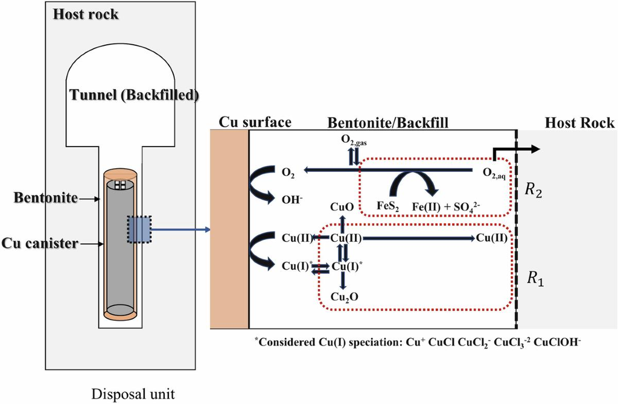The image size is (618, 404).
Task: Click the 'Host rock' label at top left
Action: (86, 14)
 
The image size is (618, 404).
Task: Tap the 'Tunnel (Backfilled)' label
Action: (134, 95)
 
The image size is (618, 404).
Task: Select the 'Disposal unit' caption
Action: (133, 394)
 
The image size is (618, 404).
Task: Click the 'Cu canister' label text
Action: (40, 243)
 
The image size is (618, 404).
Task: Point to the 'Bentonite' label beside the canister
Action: (46, 197)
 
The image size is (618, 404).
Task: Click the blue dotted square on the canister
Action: (139, 229)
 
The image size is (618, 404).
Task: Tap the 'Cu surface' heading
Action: (255, 122)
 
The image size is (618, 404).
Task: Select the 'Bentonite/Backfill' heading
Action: (388, 123)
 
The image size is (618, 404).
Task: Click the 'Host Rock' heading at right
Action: (579, 123)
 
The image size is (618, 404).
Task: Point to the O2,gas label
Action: (354, 140)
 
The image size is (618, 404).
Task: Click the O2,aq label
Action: (494, 173)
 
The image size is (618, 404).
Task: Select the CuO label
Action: (342, 207)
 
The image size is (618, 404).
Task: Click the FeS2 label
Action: (388, 207)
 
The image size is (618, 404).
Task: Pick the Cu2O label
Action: (345, 297)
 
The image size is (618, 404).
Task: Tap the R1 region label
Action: (535, 279)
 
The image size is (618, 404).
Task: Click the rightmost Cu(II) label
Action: (492, 238)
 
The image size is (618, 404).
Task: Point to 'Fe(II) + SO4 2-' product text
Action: (446, 207)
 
